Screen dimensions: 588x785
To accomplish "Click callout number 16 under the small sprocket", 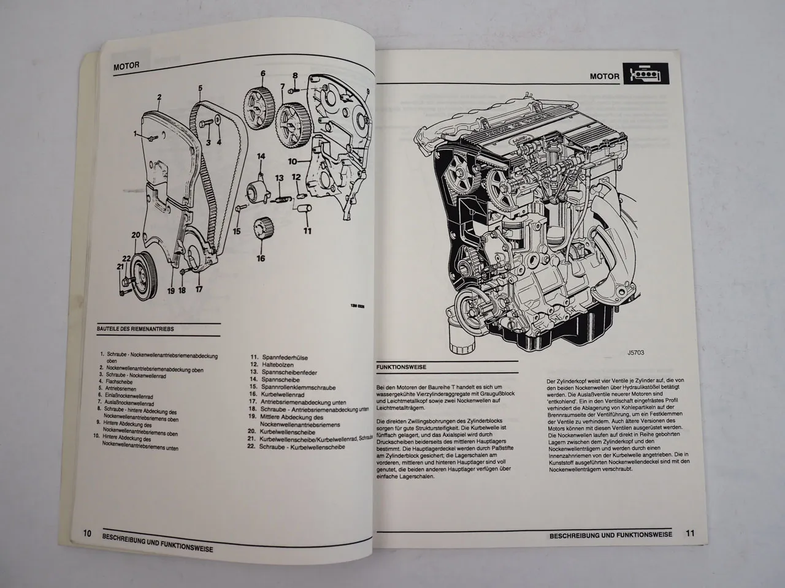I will [x=261, y=258].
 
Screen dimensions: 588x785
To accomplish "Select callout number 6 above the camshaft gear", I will [x=262, y=74].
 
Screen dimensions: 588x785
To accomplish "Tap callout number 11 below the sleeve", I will [x=307, y=231].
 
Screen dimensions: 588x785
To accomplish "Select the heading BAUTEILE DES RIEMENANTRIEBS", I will [x=136, y=329].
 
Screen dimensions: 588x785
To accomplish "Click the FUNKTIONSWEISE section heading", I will [x=399, y=367].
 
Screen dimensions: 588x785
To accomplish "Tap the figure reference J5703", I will [x=637, y=353].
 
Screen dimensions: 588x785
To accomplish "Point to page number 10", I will [x=87, y=533].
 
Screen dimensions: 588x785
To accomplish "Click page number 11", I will [x=691, y=534].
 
